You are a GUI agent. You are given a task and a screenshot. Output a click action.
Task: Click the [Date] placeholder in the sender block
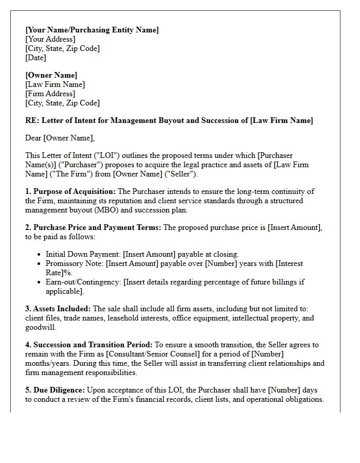35,58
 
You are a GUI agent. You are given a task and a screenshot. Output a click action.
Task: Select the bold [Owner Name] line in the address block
51,75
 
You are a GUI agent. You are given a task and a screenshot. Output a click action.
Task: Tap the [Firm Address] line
50,94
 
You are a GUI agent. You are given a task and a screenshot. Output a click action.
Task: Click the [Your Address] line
50,39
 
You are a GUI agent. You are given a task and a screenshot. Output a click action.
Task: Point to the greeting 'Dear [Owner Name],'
60,138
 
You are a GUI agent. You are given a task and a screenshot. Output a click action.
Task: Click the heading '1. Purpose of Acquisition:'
70,191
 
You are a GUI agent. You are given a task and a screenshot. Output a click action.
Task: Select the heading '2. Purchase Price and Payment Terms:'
93,227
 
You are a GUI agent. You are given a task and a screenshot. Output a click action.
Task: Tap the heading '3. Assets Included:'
58,309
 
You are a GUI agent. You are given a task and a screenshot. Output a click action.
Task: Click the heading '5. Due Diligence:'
55,390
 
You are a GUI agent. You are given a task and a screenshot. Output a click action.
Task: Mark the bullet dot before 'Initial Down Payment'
40,255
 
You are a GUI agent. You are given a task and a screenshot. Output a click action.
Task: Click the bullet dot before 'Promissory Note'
40,264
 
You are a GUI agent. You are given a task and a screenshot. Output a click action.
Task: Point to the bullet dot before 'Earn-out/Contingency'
40,282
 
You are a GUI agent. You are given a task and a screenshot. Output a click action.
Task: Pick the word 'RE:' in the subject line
32,120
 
